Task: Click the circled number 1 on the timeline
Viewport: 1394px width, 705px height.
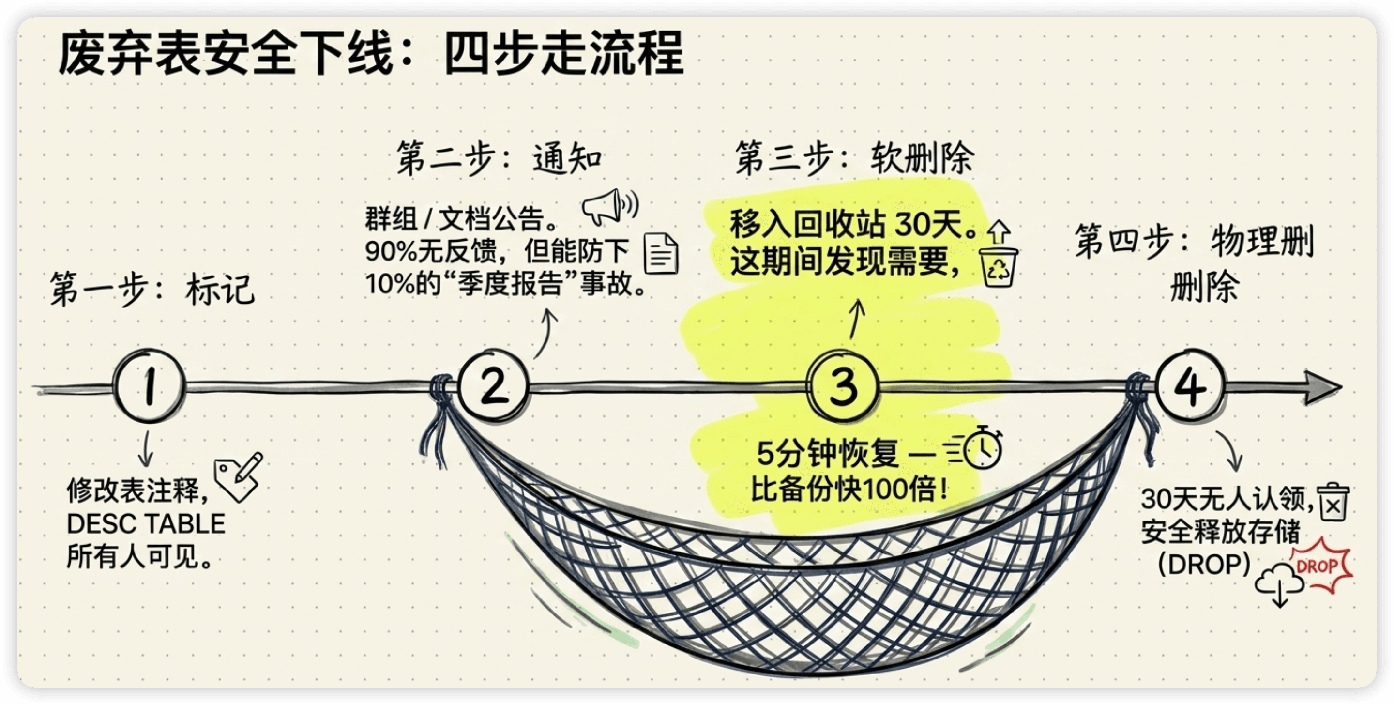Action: click(x=150, y=385)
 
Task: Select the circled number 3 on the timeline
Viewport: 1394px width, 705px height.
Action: click(x=842, y=385)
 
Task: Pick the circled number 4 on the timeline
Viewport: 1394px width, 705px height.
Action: click(x=1189, y=385)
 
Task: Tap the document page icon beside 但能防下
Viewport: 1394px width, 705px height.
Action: click(x=661, y=253)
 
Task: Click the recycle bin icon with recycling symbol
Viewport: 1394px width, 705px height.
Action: click(x=999, y=266)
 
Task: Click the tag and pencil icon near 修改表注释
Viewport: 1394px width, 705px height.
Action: click(x=238, y=476)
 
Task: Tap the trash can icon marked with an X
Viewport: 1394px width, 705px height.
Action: click(x=1333, y=502)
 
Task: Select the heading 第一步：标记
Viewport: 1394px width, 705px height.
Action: click(x=152, y=289)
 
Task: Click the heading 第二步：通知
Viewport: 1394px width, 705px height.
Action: click(x=499, y=158)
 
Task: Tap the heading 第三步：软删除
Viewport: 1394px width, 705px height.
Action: click(x=854, y=158)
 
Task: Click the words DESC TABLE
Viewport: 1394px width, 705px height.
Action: click(x=146, y=524)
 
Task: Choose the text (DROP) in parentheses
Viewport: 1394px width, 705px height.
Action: click(x=1204, y=564)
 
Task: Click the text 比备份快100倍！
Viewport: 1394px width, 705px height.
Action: click(x=849, y=489)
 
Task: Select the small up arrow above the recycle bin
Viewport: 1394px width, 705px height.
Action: click(x=999, y=232)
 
